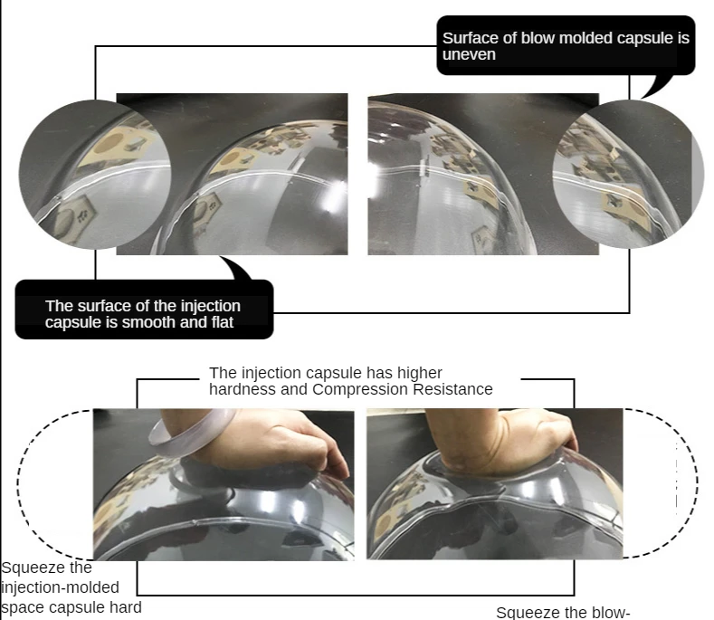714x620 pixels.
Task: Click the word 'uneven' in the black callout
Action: [x=469, y=54]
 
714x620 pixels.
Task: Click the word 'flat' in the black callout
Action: [x=223, y=322]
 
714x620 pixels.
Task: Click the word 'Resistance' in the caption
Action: [x=452, y=389]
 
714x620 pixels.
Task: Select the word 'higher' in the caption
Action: [x=419, y=374]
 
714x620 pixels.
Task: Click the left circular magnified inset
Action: [x=95, y=175]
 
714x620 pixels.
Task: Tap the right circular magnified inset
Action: [x=628, y=174]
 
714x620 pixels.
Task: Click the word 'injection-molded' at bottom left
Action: [x=60, y=587]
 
